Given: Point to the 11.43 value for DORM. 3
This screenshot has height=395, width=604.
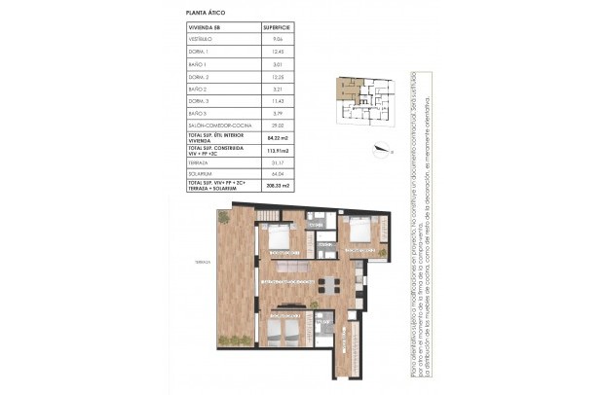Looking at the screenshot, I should click(277, 100).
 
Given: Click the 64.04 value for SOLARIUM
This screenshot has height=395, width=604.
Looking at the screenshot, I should click(277, 174).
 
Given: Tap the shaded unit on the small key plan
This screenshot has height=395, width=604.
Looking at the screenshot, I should click(346, 91).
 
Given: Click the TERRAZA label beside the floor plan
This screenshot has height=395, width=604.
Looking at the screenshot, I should click(203, 263).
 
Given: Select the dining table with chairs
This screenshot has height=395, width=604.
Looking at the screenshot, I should click(329, 285).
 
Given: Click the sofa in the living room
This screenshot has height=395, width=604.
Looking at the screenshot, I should click(291, 266).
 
